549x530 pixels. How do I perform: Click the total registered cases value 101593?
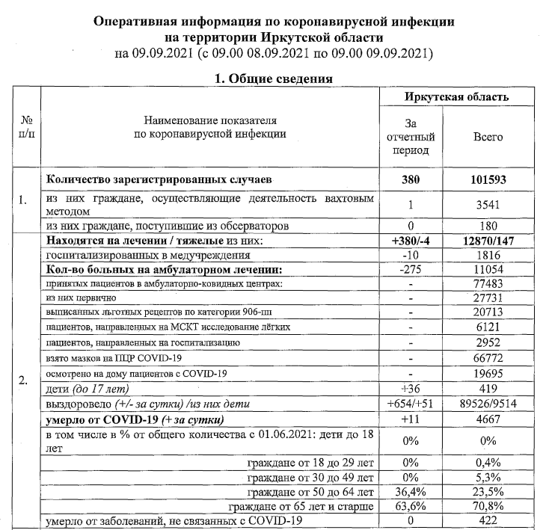(488, 180)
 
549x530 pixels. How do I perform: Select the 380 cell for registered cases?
(409, 180)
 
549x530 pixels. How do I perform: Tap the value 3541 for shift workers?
(488, 203)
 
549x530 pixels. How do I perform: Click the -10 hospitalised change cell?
(409, 255)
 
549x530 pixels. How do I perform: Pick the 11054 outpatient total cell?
(488, 269)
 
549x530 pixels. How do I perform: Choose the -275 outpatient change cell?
(409, 269)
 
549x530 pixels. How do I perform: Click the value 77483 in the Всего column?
(488, 284)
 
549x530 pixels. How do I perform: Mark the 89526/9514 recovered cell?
(488, 404)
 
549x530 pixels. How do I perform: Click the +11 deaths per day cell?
(409, 419)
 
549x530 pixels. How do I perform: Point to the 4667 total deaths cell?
(488, 419)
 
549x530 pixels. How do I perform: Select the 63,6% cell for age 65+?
(409, 505)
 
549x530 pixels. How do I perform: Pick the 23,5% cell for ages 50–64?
(488, 491)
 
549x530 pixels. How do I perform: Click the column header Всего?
(488, 138)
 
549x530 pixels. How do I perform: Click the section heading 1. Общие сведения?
(274, 78)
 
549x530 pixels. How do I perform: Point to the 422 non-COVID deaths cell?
(488, 520)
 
